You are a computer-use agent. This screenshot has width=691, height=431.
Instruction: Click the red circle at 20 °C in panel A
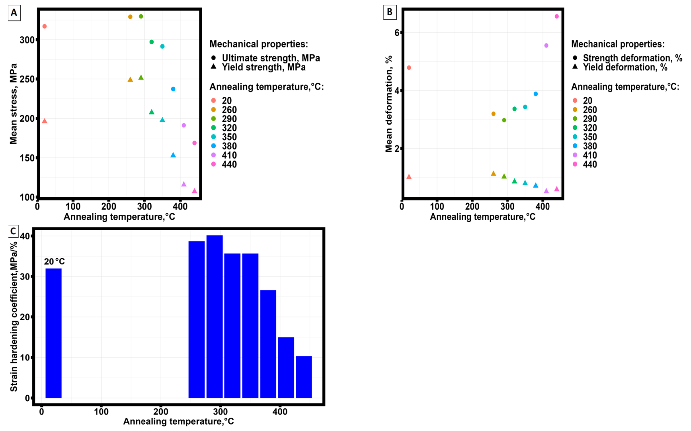(x=44, y=26)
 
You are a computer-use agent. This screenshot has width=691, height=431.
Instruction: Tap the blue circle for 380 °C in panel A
(x=173, y=89)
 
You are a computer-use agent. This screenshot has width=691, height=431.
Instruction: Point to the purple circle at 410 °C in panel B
(x=546, y=46)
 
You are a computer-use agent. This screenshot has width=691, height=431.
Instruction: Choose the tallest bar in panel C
(x=215, y=316)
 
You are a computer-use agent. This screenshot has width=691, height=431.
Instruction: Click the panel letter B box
(x=390, y=12)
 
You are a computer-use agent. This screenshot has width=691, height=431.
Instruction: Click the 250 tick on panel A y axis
(x=27, y=79)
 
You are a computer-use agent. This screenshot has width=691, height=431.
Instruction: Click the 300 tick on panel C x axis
(x=220, y=412)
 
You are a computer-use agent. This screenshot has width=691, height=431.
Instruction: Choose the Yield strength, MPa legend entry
(x=264, y=67)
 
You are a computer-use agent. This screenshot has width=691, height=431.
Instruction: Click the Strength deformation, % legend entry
(x=632, y=58)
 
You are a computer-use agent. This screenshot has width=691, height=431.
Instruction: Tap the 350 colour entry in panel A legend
(x=229, y=137)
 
